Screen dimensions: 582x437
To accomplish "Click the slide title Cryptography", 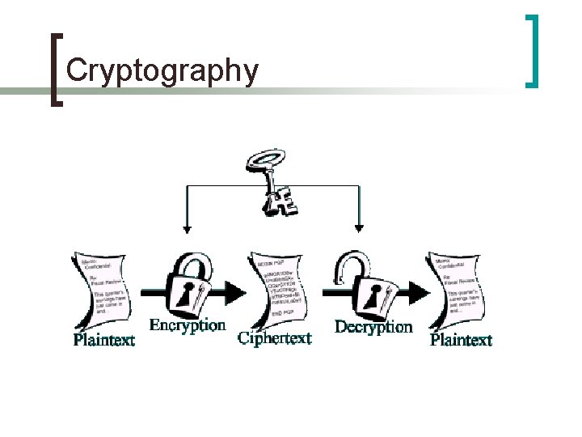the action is coord(162,70).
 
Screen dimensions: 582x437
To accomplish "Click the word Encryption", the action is coord(188,325).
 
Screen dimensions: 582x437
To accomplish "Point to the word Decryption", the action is coord(373,327).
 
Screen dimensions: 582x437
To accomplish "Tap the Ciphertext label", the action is coord(275,338).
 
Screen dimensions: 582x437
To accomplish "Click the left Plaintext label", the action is coord(104,340).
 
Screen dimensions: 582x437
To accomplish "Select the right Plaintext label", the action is coord(461,340).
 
